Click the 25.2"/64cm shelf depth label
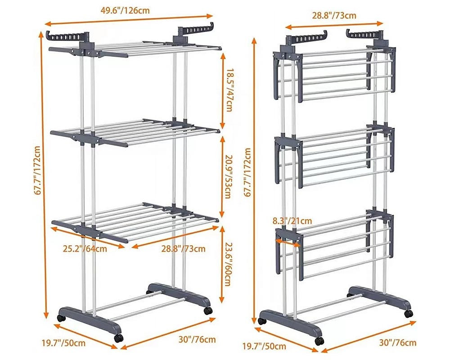(85, 248)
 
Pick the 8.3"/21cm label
(292, 220)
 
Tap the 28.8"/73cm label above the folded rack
(334, 15)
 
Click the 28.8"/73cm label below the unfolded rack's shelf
(183, 248)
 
